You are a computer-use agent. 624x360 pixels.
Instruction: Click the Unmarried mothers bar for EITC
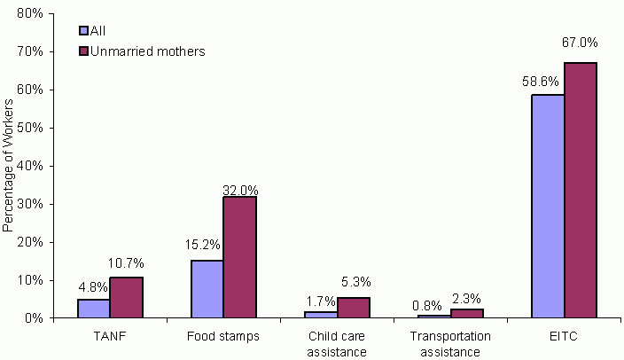click(581, 190)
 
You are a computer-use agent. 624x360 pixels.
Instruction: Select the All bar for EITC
click(548, 206)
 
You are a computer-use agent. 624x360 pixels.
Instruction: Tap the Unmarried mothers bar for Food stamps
click(239, 257)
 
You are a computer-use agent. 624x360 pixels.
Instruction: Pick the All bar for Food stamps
click(207, 288)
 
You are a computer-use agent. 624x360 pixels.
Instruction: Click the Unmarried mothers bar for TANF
click(126, 297)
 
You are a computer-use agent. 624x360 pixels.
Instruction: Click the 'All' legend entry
click(97, 31)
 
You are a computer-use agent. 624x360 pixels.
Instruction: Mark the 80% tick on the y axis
click(29, 13)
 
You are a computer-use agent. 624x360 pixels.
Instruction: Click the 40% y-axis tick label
click(29, 166)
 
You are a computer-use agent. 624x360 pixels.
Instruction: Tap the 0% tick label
click(33, 317)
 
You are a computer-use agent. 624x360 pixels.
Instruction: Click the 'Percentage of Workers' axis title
click(9, 166)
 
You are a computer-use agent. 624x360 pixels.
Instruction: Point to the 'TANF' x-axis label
click(109, 337)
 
